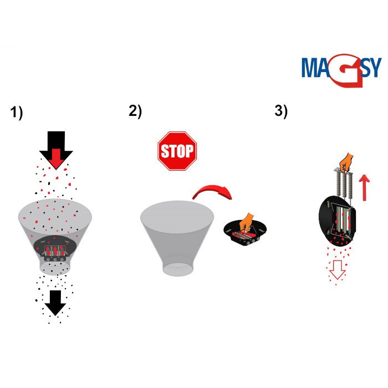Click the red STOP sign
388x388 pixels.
click(177, 151)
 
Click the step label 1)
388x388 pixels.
click(17, 113)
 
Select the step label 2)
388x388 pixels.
click(135, 110)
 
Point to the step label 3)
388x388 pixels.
click(281, 111)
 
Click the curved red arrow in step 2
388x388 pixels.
click(213, 193)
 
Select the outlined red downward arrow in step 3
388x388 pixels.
click(336, 270)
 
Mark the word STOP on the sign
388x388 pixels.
click(177, 151)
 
